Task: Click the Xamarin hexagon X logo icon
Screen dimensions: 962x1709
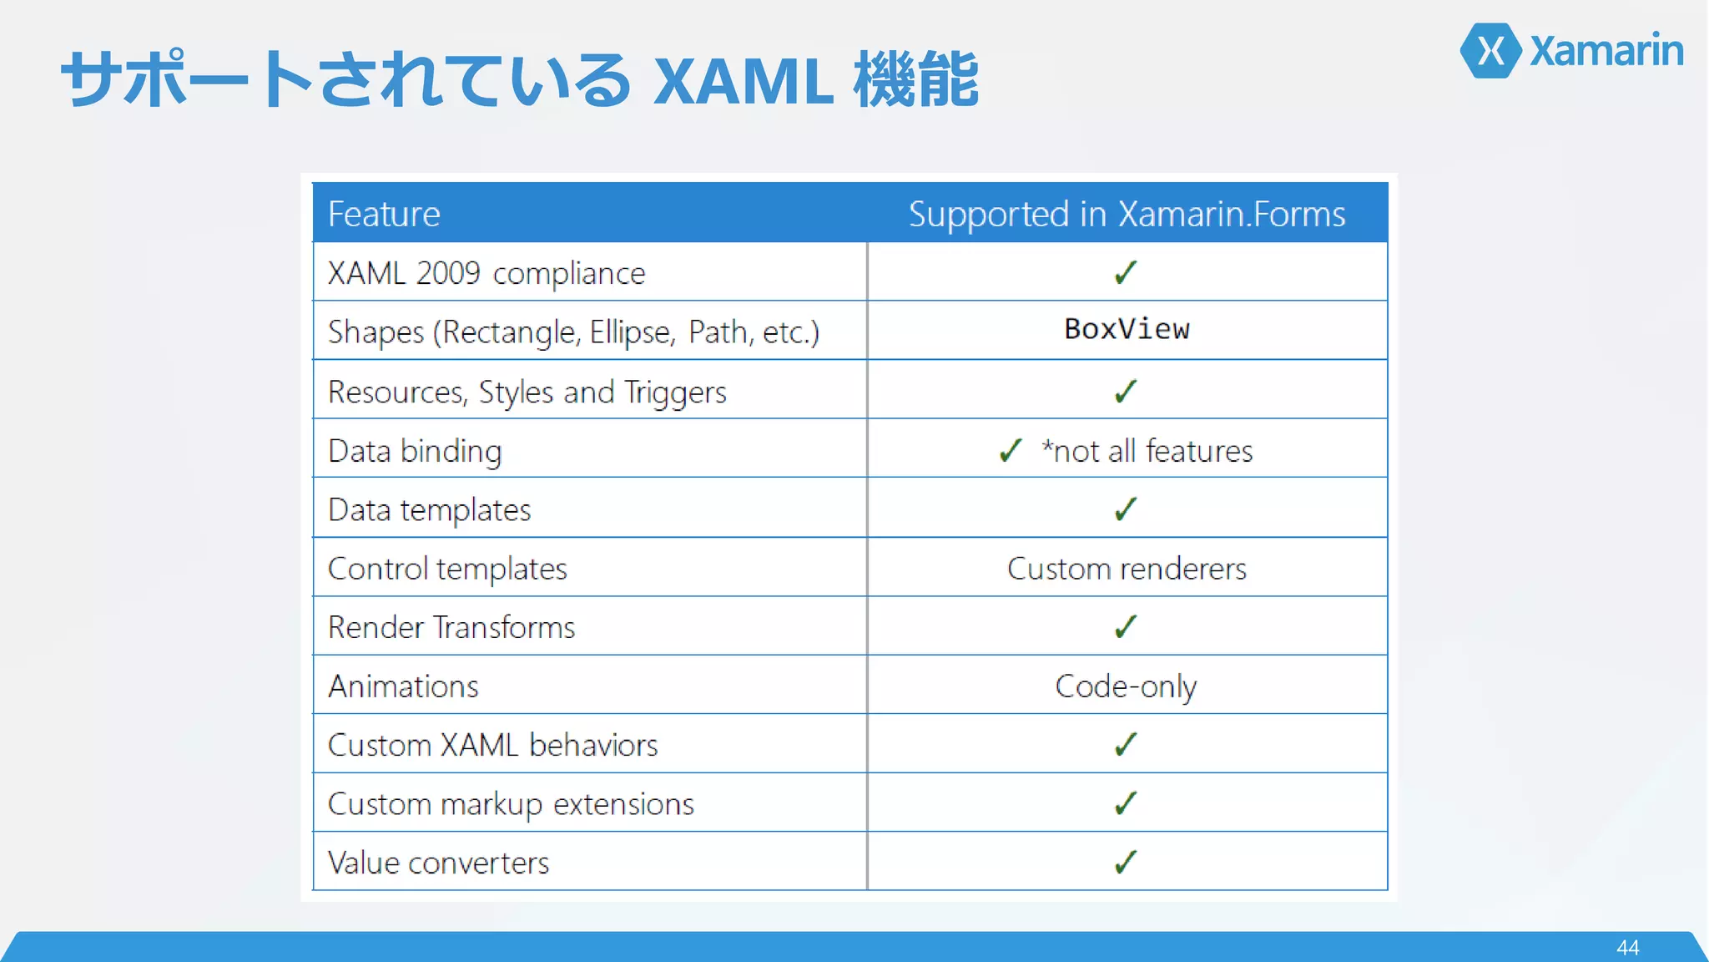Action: pos(1491,51)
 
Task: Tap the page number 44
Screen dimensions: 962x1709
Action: pos(1627,947)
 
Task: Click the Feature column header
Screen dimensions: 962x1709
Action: pos(384,214)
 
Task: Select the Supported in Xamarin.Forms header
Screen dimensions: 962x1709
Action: pos(1127,214)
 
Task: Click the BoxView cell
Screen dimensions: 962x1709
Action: pos(1127,329)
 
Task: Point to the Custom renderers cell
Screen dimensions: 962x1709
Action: pos(1127,569)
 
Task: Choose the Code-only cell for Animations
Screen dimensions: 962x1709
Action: pos(1126,686)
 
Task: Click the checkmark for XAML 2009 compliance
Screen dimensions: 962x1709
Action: pos(1126,272)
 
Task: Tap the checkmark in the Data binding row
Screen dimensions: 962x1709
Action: pos(1011,450)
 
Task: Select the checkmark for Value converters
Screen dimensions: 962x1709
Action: pos(1126,861)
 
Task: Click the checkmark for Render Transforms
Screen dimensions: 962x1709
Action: pos(1126,626)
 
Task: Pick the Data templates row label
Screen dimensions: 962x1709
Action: pos(430,509)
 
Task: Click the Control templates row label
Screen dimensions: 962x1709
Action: pos(447,569)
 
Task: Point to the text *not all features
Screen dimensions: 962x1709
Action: pos(1147,451)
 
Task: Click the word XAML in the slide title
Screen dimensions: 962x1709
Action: pos(743,81)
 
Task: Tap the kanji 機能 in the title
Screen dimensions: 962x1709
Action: pos(915,79)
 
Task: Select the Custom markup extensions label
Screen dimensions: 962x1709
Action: pos(511,804)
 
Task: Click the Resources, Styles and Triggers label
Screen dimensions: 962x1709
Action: pos(527,392)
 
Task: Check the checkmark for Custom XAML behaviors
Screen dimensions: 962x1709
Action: pos(1126,743)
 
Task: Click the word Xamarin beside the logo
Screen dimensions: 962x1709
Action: pos(1606,51)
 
